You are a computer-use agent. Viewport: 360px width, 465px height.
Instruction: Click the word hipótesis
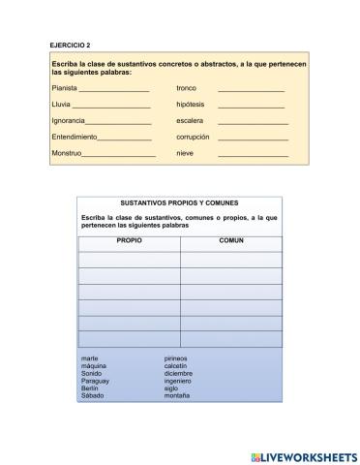pyautogui.click(x=191, y=105)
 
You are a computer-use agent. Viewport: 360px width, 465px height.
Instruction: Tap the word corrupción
pyautogui.click(x=193, y=138)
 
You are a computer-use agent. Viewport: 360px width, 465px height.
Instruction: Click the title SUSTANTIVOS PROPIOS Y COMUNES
pyautogui.click(x=180, y=203)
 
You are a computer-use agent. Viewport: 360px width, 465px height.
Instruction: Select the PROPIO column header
pyautogui.click(x=129, y=238)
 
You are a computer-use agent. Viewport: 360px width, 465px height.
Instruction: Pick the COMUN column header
pyautogui.click(x=230, y=238)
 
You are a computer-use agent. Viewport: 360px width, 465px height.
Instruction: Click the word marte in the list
pyautogui.click(x=90, y=358)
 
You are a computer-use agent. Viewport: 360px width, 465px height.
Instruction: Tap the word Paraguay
pyautogui.click(x=97, y=381)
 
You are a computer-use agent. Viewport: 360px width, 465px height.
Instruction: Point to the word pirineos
pyautogui.click(x=176, y=358)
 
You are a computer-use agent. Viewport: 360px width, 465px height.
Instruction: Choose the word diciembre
pyautogui.click(x=178, y=373)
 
